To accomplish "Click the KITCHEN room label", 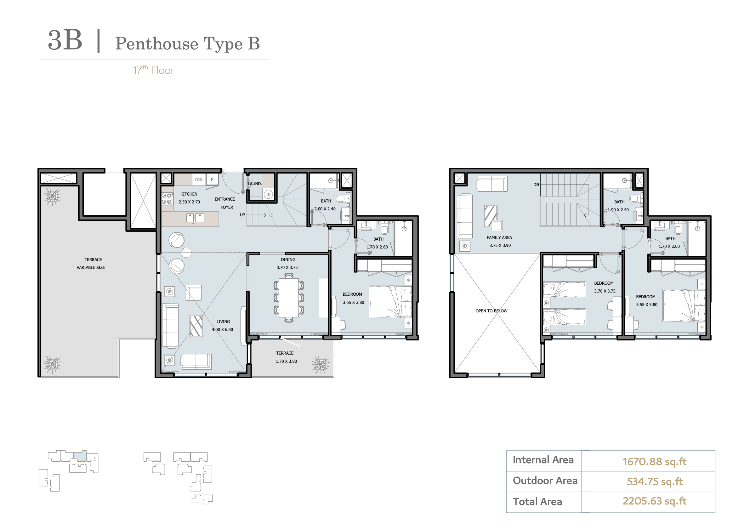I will (189, 194).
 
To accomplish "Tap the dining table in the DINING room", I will (289, 297).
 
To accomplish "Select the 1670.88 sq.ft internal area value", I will (654, 461).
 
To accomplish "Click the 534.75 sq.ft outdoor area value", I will (654, 481).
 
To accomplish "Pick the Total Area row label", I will (537, 502).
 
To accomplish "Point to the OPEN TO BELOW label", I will (491, 311).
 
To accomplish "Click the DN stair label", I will (536, 185).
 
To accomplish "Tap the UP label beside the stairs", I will (242, 215).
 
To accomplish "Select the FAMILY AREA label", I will (499, 237).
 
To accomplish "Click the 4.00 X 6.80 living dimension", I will (223, 329).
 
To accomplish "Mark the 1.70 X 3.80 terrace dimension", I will (286, 361).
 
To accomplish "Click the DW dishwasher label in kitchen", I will (198, 180).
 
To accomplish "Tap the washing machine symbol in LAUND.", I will (268, 194).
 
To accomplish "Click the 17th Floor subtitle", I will (154, 70).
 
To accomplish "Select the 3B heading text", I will (65, 40).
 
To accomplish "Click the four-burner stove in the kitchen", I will (167, 199).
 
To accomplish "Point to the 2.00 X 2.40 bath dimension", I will (325, 209).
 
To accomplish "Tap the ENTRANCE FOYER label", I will (225, 203).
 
